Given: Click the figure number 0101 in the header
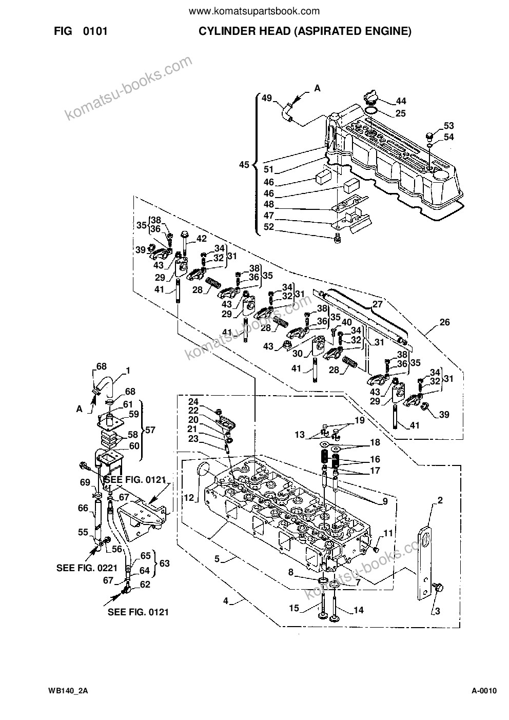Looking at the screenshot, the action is pos(95,31).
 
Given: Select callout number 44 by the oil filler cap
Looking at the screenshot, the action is pos(401,101).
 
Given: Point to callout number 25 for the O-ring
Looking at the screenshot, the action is pos(400,113).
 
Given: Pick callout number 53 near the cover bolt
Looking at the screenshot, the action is pos(448,125).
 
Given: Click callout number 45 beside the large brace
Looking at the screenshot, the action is pos(244,165).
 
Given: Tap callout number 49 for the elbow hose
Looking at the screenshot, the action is pos(267,98).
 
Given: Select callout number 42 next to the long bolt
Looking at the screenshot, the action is pos(202,238).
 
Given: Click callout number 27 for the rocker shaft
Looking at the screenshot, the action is pos(378,304).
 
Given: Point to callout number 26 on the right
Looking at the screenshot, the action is pos(444,322).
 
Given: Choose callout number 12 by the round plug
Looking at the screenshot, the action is pos(189,498).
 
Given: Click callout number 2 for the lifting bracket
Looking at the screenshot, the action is pos(440,500).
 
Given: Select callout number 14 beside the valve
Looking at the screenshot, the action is pos(358,610).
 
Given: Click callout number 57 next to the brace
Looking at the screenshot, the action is pos(150,430).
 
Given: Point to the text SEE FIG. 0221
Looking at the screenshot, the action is pos(87,568).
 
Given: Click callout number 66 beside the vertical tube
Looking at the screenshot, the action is pos(83,508).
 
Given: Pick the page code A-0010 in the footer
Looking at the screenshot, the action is pos(484,689).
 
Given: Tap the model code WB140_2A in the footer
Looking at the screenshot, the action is pos(68,689).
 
